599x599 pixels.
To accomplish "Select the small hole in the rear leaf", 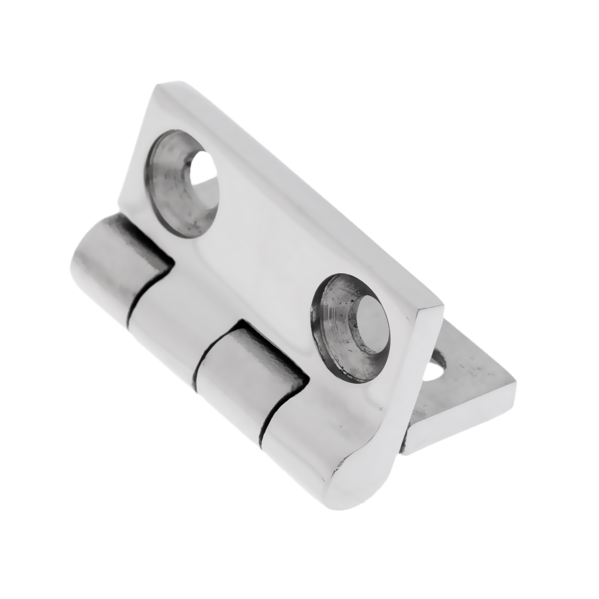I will click(434, 371).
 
